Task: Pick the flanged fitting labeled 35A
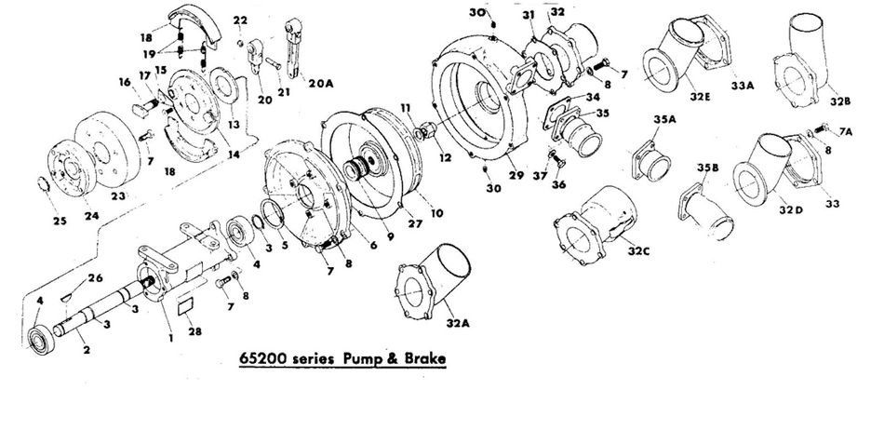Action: tap(654, 162)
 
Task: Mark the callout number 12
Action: tap(445, 157)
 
